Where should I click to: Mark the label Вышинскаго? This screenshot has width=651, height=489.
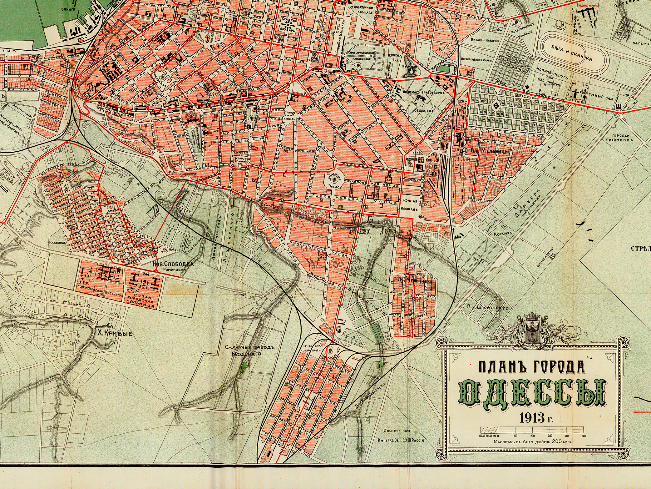click(x=487, y=307)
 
